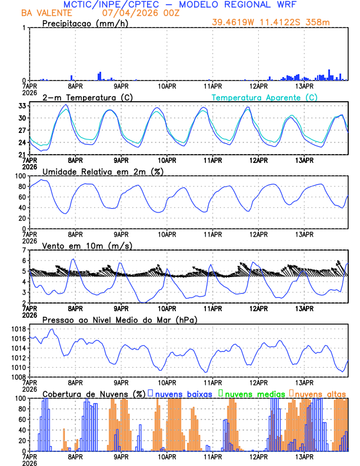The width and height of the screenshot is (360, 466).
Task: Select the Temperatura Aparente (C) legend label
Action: pos(265,97)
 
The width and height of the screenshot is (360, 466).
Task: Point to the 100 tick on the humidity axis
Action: pos(19,176)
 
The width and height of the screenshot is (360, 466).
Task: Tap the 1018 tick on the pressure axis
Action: pos(18,329)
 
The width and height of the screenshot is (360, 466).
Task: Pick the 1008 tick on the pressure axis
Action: pos(18,377)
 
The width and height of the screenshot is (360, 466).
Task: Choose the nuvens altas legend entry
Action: pos(319,393)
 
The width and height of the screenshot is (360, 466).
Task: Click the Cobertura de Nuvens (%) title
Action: pos(94,393)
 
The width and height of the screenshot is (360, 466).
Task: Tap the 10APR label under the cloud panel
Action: pos(167,456)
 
